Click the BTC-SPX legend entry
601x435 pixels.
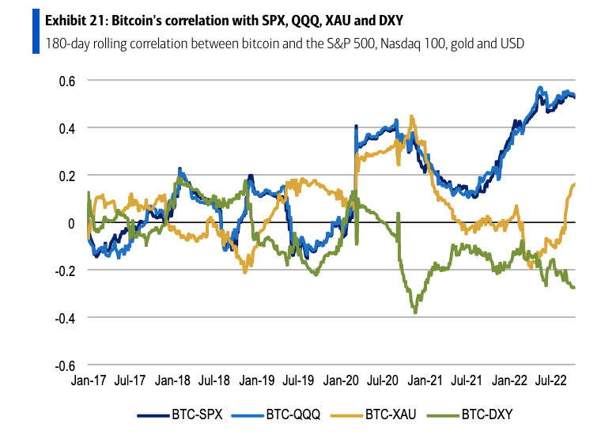click(x=183, y=413)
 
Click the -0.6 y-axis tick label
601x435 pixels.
click(x=63, y=365)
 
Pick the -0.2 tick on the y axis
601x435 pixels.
click(x=63, y=270)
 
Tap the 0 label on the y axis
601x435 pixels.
click(x=70, y=223)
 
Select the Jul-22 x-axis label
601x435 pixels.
click(x=559, y=380)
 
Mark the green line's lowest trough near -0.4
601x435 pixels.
click(x=415, y=312)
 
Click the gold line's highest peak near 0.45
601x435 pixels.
click(x=411, y=116)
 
